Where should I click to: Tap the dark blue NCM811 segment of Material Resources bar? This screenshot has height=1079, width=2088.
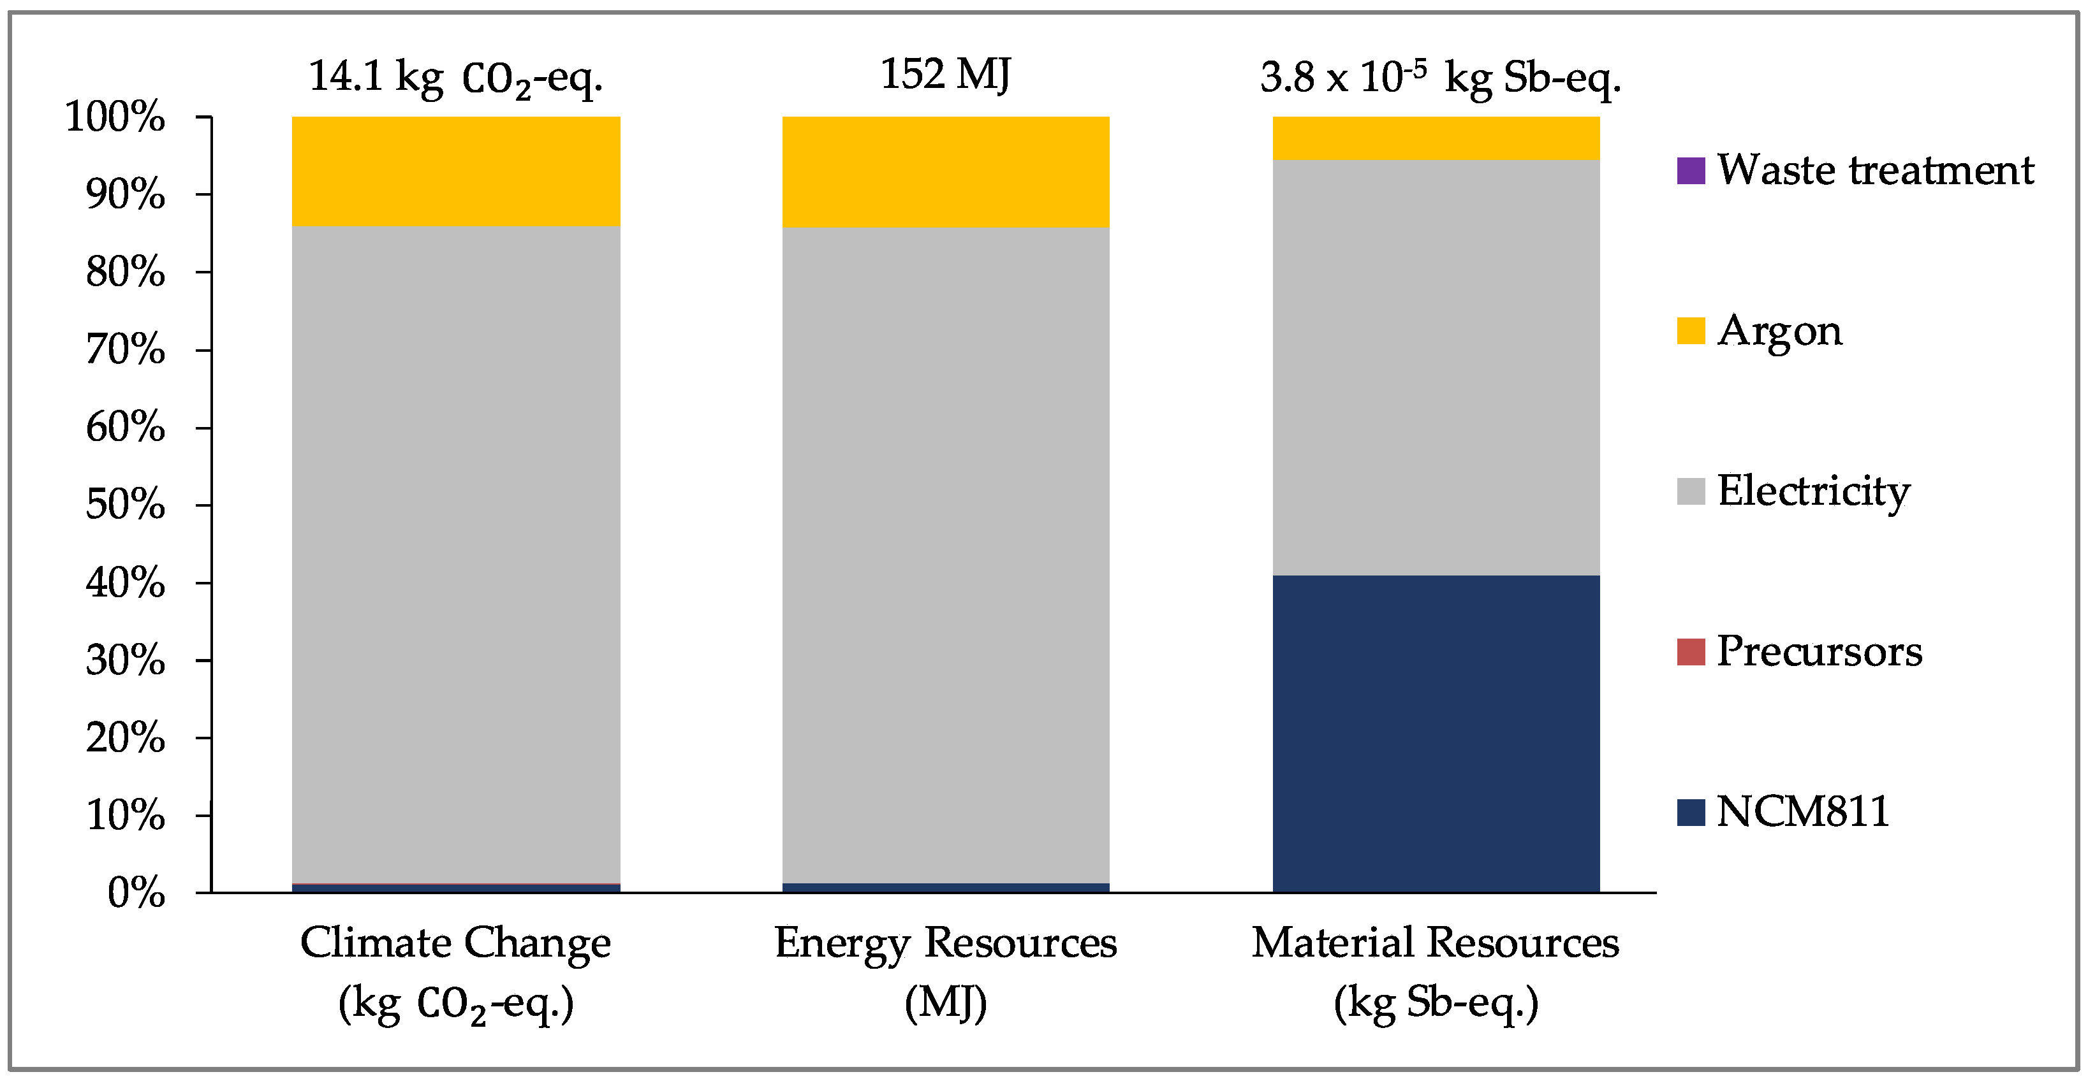[1436, 733]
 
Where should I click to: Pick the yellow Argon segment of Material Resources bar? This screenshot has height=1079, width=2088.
[1436, 138]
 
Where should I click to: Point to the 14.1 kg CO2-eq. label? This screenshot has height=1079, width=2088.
[455, 78]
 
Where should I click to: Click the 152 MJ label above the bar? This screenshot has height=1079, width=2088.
[945, 75]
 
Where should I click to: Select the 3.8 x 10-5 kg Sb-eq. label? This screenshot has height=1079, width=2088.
[1439, 78]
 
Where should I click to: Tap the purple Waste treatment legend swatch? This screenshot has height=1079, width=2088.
[1691, 171]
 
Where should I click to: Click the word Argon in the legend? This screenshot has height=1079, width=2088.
[1779, 331]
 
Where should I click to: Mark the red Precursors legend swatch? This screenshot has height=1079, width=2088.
[1691, 652]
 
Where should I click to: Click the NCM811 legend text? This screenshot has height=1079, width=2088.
[1803, 812]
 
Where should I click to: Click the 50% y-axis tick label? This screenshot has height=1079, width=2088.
[125, 505]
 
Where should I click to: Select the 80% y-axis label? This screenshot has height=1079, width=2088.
[125, 272]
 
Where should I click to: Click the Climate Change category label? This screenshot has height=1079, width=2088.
[455, 972]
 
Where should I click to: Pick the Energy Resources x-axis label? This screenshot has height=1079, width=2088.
[945, 972]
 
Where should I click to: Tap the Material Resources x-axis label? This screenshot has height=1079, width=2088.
[1436, 972]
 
